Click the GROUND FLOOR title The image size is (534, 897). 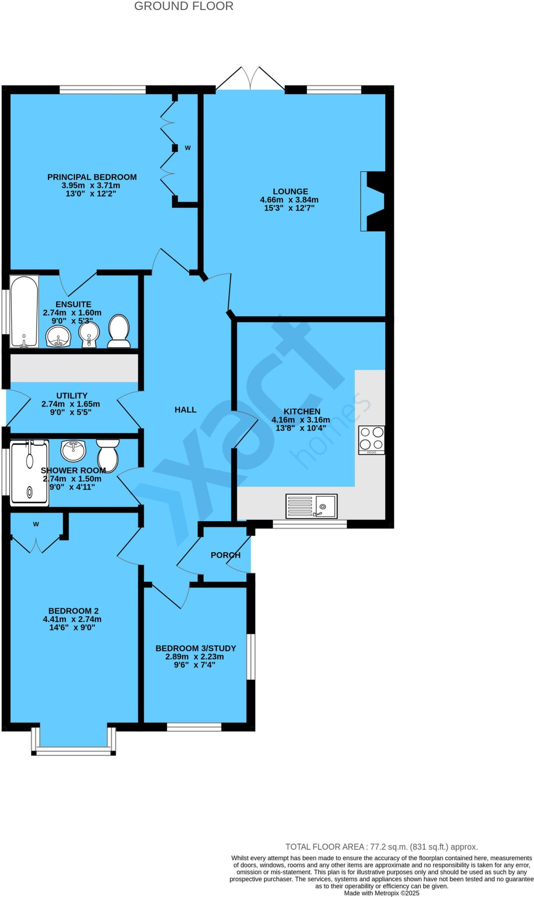click(184, 6)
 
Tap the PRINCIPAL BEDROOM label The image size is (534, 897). click(92, 177)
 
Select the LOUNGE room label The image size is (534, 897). click(290, 191)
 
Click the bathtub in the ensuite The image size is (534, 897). click(25, 311)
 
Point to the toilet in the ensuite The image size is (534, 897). click(119, 331)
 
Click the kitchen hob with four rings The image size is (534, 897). click(371, 440)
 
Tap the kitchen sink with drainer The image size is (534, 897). click(311, 506)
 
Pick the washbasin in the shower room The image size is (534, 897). click(74, 450)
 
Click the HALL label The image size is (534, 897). click(185, 410)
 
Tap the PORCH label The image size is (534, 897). click(225, 555)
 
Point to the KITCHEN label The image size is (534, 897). click(302, 411)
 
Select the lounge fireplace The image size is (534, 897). click(373, 201)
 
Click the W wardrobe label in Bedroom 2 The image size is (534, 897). click(36, 524)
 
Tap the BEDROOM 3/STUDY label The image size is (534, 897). click(195, 648)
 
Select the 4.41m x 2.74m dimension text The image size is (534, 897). click(72, 619)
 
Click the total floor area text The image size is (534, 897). click(381, 847)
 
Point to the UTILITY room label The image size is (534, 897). click(72, 396)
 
